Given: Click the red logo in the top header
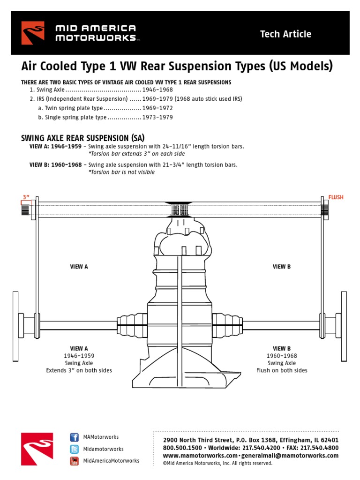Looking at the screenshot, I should [33, 33].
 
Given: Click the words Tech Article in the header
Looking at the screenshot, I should [285, 34].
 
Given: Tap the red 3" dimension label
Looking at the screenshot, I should [26, 197].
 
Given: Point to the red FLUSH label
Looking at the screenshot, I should [336, 197].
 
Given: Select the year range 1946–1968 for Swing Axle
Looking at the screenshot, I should [157, 90].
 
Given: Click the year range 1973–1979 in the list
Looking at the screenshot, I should [157, 117].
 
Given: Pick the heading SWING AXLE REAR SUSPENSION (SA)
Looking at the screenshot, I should [83, 138].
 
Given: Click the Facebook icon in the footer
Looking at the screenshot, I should [74, 437].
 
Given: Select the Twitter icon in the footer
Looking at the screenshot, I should [74, 449].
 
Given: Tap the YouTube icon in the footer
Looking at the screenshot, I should [74, 461].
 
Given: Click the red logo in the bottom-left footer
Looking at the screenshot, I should [33, 449].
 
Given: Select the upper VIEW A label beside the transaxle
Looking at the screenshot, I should [79, 267].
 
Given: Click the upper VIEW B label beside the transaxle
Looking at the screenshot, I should [282, 267].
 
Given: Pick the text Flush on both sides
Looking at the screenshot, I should [282, 370].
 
